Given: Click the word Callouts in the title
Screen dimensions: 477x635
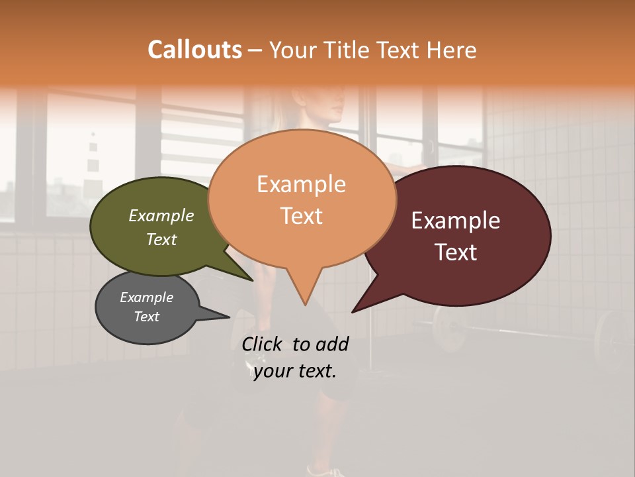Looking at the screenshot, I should (194, 50).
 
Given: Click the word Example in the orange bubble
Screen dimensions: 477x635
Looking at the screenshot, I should (301, 184).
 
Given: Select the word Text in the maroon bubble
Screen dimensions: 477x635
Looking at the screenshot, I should (456, 252).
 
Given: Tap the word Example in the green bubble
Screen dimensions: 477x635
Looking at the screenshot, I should (161, 215).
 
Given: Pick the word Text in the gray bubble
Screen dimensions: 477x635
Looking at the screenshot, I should (147, 317).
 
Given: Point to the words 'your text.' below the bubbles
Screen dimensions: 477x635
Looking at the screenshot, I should (295, 371).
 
